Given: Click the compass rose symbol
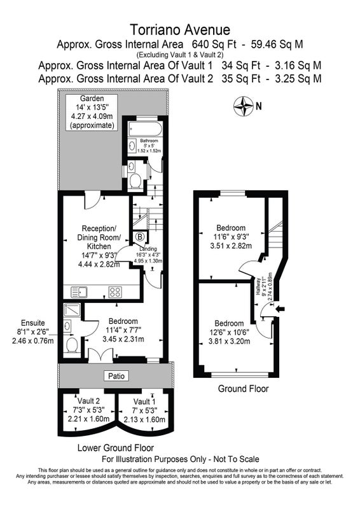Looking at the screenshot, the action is click(243, 106).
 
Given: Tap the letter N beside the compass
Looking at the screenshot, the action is click(259, 106).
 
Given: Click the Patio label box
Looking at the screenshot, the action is click(116, 376).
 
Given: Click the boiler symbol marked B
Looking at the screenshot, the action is click(140, 237).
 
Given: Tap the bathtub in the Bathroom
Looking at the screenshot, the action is click(145, 129).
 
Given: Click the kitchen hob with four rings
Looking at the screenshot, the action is click(115, 292).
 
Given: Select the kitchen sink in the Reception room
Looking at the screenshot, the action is click(80, 292).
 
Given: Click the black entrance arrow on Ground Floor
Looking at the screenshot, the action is click(279, 309).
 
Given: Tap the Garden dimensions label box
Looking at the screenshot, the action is click(92, 112).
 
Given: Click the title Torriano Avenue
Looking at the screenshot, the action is click(180, 30).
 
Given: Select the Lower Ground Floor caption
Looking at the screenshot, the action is click(116, 448).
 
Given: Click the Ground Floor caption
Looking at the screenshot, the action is click(243, 389).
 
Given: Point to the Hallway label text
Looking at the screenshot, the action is click(258, 286).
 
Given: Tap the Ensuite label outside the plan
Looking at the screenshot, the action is click(33, 323).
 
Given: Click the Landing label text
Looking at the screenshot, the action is click(148, 249).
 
